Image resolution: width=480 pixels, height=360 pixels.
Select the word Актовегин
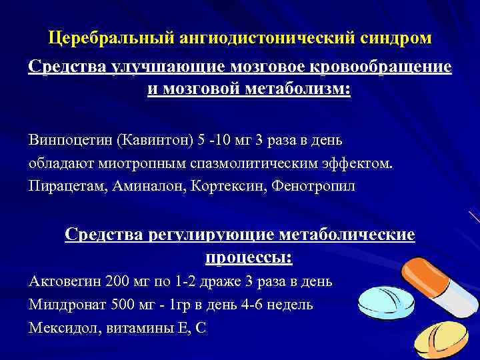point(64,281)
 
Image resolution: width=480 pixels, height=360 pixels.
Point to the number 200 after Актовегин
point(117,281)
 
